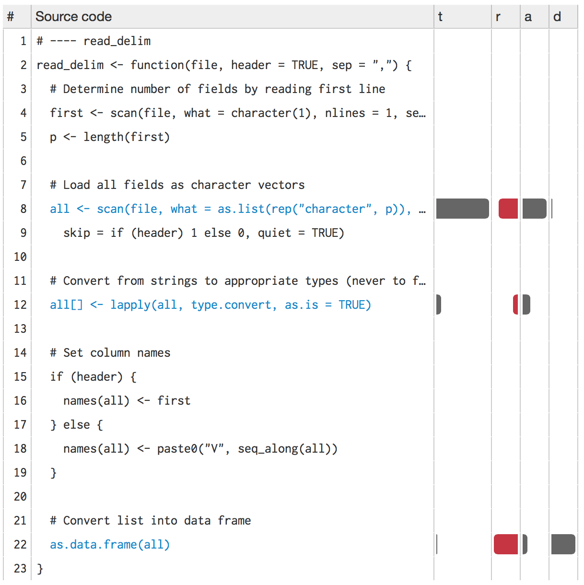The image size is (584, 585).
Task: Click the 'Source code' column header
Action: tap(73, 17)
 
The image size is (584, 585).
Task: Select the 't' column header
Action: tap(440, 17)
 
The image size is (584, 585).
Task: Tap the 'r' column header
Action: tap(498, 17)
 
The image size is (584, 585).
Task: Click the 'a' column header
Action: tap(528, 17)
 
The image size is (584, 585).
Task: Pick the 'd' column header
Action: tap(557, 17)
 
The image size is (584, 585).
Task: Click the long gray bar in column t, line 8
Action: tap(462, 209)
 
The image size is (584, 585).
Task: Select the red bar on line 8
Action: tap(508, 209)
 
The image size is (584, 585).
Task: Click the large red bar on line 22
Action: tap(506, 544)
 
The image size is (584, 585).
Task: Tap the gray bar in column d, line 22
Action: tap(563, 544)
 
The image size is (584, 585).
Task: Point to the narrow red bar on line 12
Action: tap(515, 304)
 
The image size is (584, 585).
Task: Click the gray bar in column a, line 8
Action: tap(534, 209)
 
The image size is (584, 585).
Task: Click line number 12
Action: tap(20, 304)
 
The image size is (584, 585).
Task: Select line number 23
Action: tap(20, 568)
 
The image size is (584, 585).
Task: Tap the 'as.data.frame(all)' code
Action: tap(110, 544)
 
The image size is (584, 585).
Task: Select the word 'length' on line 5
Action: tap(104, 137)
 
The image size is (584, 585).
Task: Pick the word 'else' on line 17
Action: tap(77, 424)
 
